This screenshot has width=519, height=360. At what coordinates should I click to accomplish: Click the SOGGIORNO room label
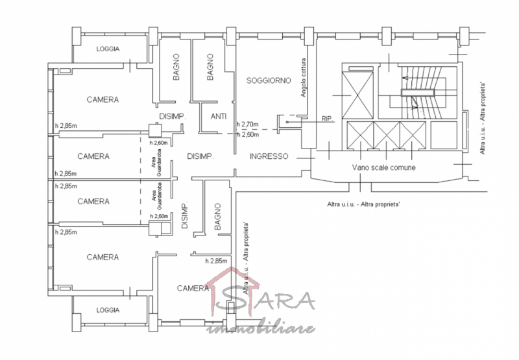pyautogui.click(x=267, y=80)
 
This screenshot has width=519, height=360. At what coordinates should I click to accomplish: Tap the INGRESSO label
pyautogui.click(x=269, y=156)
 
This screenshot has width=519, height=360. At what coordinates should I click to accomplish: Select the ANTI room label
pyautogui.click(x=219, y=117)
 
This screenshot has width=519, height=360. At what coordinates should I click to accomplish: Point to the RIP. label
pyautogui.click(x=327, y=119)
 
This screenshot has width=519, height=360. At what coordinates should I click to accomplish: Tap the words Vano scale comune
pyautogui.click(x=383, y=167)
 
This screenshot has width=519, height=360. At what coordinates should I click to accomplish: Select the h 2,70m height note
pyautogui.click(x=248, y=125)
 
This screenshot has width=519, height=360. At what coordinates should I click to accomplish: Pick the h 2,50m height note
pyautogui.click(x=248, y=134)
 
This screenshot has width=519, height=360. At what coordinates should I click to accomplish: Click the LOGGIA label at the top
pyautogui.click(x=108, y=49)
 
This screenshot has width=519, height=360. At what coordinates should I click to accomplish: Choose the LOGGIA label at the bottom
pyautogui.click(x=108, y=310)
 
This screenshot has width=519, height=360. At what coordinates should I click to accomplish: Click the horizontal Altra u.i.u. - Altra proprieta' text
pyautogui.click(x=364, y=204)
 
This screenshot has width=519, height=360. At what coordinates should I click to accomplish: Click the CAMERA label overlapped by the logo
pyautogui.click(x=193, y=288)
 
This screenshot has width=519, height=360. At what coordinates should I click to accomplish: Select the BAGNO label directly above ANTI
pyautogui.click(x=211, y=67)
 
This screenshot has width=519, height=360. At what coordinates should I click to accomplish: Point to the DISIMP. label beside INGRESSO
pyautogui.click(x=200, y=156)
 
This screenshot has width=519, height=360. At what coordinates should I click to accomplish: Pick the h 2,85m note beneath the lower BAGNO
pyautogui.click(x=215, y=261)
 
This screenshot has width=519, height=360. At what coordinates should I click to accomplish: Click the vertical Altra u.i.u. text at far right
pyautogui.click(x=483, y=117)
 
